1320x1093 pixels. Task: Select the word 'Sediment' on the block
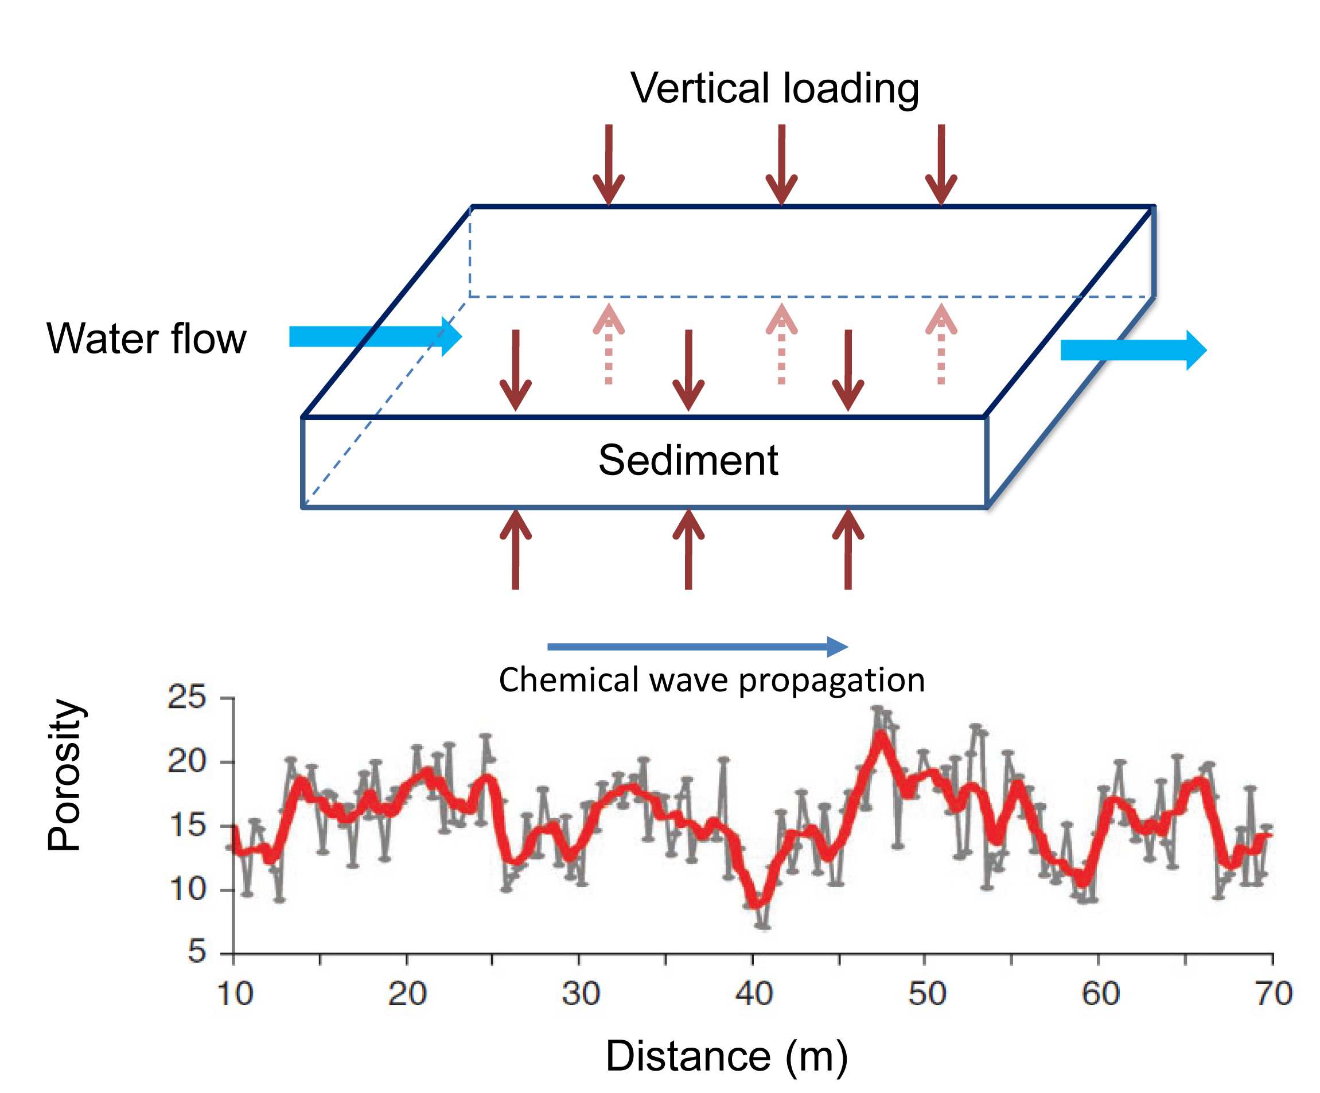pos(688,461)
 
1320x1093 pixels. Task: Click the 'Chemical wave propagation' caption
pos(711,680)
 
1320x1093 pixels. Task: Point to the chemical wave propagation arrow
pos(697,647)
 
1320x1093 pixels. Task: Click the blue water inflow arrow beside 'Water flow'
pos(375,337)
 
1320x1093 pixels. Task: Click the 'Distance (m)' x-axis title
pos(726,1055)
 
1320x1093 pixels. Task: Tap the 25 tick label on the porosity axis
pos(186,698)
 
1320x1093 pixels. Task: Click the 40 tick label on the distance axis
pos(754,994)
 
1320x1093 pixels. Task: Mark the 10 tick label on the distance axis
pos(235,994)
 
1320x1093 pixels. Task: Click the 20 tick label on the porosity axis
pos(186,762)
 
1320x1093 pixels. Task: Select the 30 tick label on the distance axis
pos(580,994)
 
